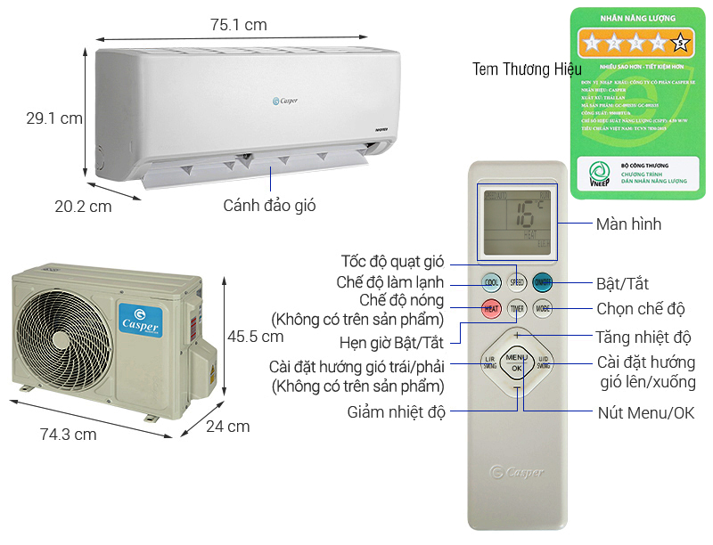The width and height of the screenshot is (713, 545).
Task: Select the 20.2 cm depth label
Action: [83, 207]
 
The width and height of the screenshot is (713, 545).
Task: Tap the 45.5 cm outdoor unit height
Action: [255, 338]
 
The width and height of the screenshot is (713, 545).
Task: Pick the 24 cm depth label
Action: [228, 427]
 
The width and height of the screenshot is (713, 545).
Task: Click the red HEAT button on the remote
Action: [491, 309]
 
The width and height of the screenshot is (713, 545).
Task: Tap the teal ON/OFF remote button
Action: [542, 282]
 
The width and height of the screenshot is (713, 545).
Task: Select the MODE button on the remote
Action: [542, 309]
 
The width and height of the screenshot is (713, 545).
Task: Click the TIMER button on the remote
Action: [517, 309]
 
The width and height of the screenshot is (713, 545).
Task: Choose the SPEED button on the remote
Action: [517, 282]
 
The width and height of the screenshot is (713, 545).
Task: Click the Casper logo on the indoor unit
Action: [284, 101]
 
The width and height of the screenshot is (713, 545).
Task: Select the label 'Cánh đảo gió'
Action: [269, 206]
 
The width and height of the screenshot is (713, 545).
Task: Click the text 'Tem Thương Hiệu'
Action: [527, 69]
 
